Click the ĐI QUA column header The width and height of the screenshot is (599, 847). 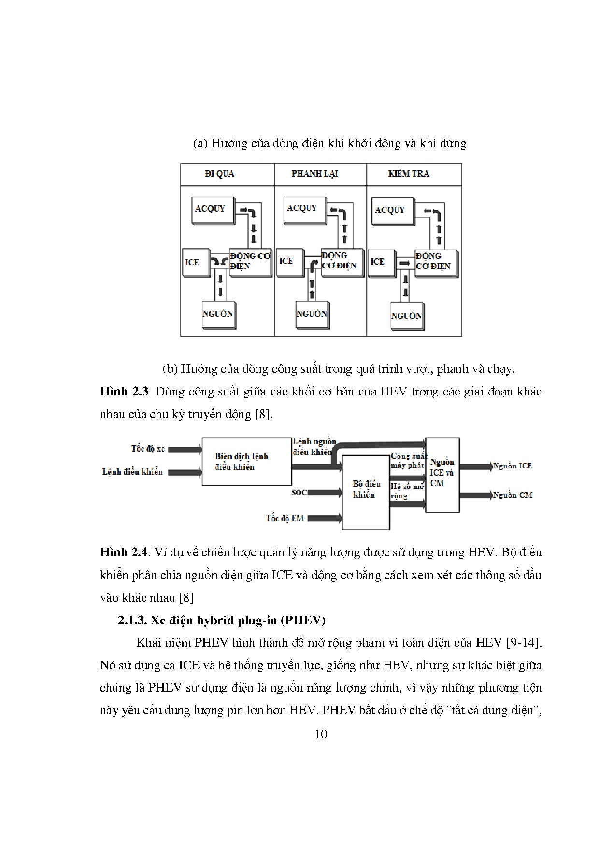[219, 174]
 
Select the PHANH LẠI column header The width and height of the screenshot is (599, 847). [314, 174]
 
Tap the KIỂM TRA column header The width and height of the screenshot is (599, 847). [409, 174]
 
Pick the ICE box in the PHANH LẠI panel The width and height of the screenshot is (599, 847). [288, 262]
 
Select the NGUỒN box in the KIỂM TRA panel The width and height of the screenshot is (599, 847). [407, 316]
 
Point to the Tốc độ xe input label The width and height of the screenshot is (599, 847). [148, 449]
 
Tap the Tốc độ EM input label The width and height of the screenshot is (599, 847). [285, 518]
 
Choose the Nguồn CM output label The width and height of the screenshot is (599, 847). [513, 495]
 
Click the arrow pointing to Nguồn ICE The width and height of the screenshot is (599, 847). [475, 466]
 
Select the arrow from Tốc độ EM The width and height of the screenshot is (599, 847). [325, 518]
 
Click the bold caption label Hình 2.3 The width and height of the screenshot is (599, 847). [123, 392]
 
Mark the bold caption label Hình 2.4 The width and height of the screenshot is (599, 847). [123, 552]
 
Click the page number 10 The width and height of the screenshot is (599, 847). [321, 734]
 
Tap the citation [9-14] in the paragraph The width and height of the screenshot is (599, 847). [523, 643]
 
